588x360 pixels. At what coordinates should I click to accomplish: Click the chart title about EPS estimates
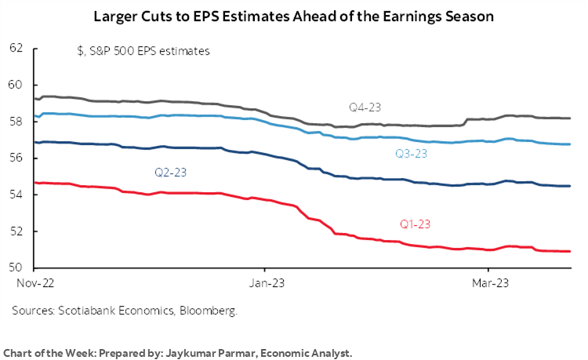[x=293, y=15]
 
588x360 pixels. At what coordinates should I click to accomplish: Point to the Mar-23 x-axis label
[x=486, y=280]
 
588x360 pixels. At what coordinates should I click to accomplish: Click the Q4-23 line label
[x=366, y=107]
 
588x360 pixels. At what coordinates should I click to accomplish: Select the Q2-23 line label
[x=170, y=171]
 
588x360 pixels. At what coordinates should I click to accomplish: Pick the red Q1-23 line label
[x=416, y=224]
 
